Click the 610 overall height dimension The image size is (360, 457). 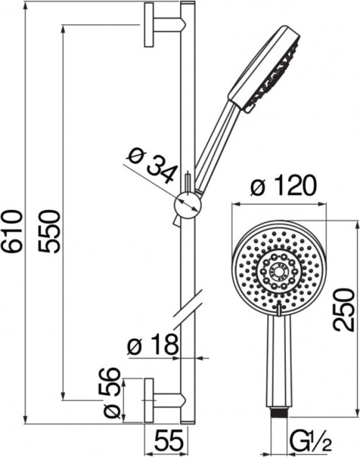[12, 231]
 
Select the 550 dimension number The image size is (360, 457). [49, 231]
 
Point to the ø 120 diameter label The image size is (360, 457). [284, 186]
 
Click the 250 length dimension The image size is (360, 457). [344, 309]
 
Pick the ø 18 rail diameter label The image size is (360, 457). [153, 344]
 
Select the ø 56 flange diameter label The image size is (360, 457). [112, 393]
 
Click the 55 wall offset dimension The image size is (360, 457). [168, 440]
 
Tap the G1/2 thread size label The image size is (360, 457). [311, 443]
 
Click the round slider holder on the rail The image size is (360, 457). [188, 205]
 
